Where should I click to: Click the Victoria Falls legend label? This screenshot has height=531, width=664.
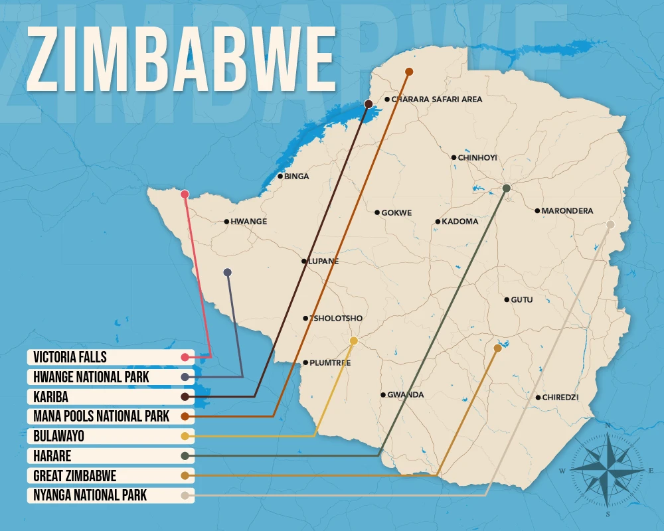click(70, 357)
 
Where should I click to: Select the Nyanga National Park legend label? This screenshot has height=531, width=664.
click(90, 495)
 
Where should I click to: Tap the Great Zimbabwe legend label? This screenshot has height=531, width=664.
click(75, 475)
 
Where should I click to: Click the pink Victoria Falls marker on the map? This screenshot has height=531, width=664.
click(185, 194)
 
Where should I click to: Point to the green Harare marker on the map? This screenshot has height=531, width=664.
click(507, 189)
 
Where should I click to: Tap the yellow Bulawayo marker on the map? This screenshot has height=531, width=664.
click(354, 341)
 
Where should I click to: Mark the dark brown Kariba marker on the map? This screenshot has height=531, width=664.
click(369, 104)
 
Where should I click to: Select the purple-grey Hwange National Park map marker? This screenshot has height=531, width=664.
click(228, 272)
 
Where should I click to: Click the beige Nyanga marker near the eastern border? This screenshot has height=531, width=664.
click(610, 225)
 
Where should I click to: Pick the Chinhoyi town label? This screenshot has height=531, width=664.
click(477, 157)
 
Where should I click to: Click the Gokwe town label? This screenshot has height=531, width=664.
click(396, 213)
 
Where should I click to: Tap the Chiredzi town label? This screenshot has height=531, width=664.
click(560, 398)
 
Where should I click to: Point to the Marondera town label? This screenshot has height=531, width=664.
click(567, 211)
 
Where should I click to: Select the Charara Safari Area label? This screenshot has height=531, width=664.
click(436, 100)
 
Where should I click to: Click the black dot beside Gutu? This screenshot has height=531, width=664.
click(506, 300)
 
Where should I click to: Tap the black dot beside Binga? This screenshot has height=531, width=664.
click(280, 177)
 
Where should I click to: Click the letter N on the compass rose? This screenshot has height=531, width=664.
click(608, 425)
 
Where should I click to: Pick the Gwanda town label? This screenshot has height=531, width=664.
click(405, 395)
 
